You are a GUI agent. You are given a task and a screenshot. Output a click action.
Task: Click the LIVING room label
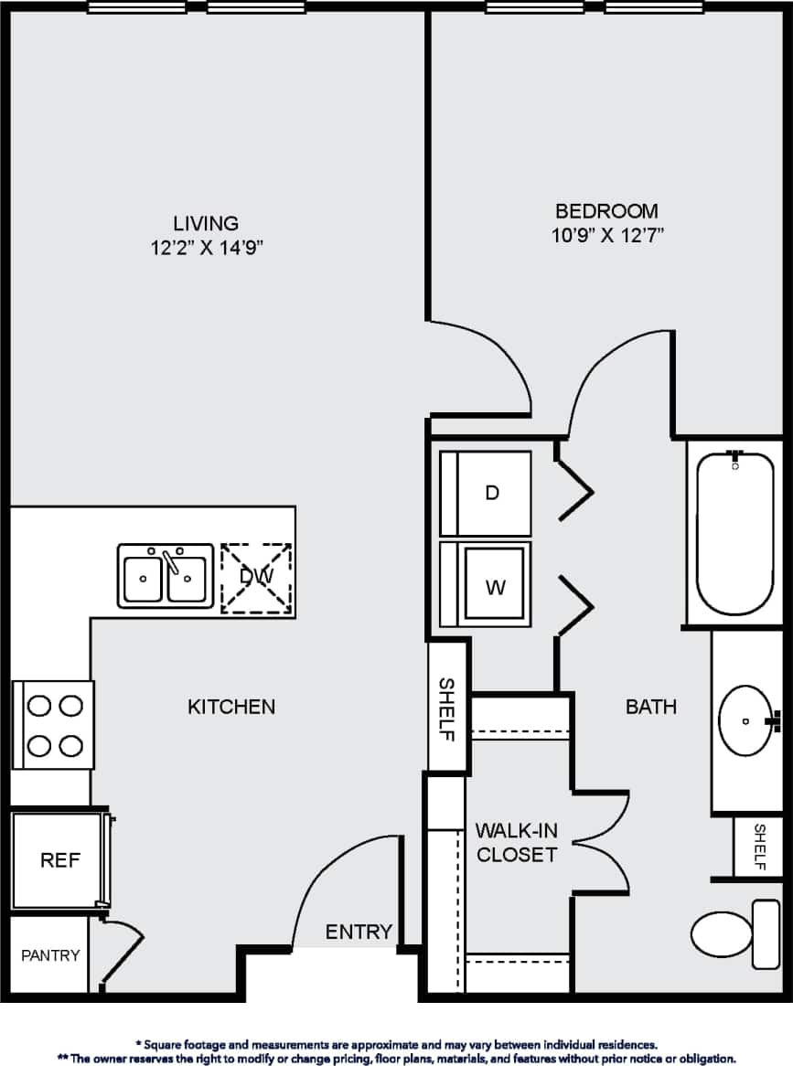[x=206, y=223]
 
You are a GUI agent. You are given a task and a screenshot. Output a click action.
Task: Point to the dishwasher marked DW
[x=256, y=576]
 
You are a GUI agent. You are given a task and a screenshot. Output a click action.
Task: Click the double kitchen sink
[x=166, y=577]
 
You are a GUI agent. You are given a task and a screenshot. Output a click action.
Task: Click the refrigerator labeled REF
[x=60, y=860]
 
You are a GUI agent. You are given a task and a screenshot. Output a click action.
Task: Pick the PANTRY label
[x=50, y=955]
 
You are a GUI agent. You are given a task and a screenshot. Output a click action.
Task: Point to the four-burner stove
[x=54, y=726]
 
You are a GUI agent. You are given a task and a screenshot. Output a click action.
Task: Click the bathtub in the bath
[x=735, y=534]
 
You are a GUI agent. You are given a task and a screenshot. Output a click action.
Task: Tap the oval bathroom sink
[x=747, y=720]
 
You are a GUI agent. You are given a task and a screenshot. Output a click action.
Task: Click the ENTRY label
[x=359, y=932]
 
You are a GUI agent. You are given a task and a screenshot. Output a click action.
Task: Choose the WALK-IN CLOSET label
[x=516, y=843]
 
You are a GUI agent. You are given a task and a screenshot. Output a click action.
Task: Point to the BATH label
[x=651, y=706]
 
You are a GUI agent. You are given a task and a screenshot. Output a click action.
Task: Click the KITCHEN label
[x=231, y=706]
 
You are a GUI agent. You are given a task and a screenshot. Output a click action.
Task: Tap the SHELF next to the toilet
[x=759, y=847]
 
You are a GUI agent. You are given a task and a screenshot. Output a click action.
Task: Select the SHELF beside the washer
[x=447, y=709]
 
